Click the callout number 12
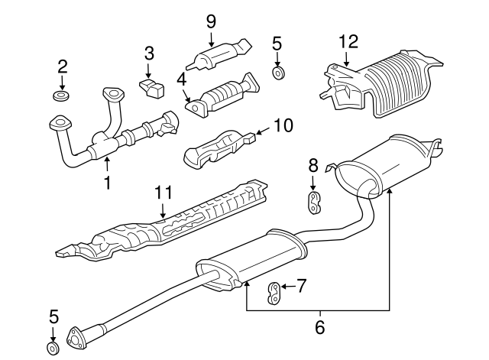(348, 41)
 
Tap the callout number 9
(211, 21)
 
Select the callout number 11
(163, 192)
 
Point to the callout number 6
(320, 326)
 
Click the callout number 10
(283, 125)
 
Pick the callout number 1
(108, 183)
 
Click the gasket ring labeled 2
(61, 96)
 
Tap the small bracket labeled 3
(151, 88)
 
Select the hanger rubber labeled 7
(274, 293)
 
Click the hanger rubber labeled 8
(314, 203)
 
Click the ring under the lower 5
(53, 348)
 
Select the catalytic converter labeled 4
(222, 95)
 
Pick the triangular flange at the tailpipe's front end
(76, 338)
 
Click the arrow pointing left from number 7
(287, 286)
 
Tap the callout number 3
(149, 53)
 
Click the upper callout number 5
(277, 44)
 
